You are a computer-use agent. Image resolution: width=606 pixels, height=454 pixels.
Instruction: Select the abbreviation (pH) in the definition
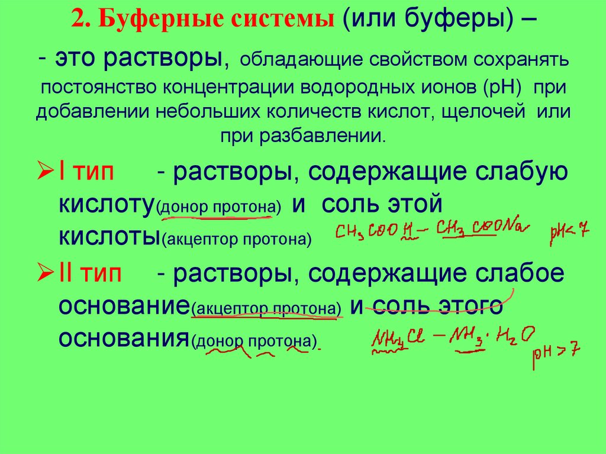pos(502,87)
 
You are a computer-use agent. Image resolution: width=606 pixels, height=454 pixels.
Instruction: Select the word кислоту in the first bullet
pos(107,204)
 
